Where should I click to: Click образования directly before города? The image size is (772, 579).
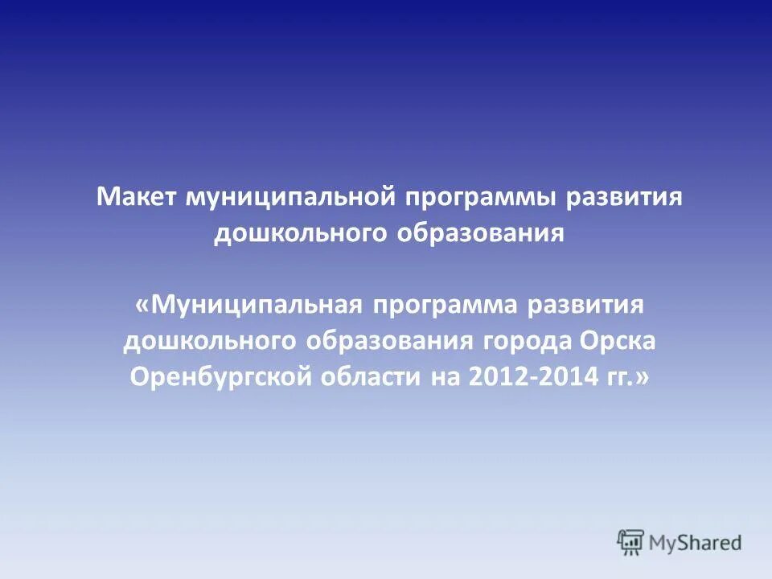tap(389, 341)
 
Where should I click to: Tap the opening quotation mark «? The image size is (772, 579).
tap(142, 306)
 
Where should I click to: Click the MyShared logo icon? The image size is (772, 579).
tap(631, 543)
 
